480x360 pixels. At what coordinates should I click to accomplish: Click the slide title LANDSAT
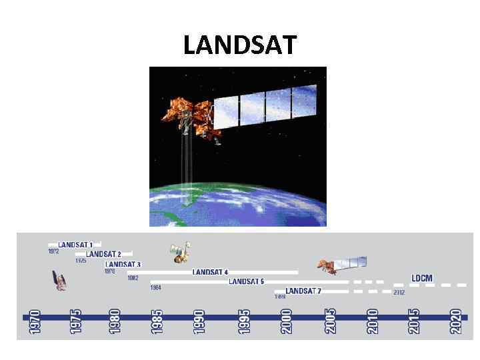click(x=239, y=45)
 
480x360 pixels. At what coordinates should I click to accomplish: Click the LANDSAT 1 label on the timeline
click(x=75, y=245)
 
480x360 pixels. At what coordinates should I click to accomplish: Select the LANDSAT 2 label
click(x=103, y=254)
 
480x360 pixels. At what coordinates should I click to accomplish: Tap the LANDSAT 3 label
click(x=123, y=265)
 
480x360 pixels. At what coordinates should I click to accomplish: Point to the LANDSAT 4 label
click(x=210, y=272)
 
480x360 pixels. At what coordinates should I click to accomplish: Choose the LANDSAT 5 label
click(x=246, y=281)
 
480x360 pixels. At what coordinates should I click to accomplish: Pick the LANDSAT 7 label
click(x=304, y=291)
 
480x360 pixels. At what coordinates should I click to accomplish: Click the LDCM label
click(x=421, y=278)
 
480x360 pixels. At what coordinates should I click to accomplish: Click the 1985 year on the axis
click(x=157, y=321)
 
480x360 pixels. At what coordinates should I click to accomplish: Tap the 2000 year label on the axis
click(x=286, y=321)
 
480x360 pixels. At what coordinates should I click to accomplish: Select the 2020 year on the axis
click(x=456, y=321)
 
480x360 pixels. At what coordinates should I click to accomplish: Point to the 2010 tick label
click(x=372, y=321)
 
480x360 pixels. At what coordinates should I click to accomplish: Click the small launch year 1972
click(x=53, y=251)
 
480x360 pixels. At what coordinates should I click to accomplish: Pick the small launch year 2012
click(x=399, y=293)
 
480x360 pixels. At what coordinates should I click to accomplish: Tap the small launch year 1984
click(x=155, y=288)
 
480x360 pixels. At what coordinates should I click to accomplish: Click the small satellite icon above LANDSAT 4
click(x=179, y=252)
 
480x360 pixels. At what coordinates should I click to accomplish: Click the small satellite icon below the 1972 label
click(x=60, y=281)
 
